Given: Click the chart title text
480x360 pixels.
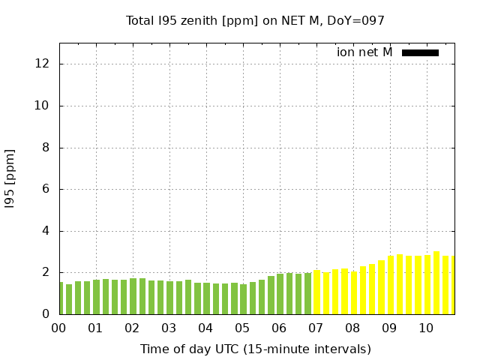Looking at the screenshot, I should (x=255, y=21).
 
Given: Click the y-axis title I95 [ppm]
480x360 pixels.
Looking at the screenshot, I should (x=10, y=178).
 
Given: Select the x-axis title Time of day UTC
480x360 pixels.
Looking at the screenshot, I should (x=255, y=349).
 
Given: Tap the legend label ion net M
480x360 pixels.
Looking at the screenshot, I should (x=364, y=52).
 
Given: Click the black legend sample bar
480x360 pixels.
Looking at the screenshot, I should (x=420, y=52).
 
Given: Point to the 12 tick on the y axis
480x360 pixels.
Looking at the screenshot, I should (x=43, y=64).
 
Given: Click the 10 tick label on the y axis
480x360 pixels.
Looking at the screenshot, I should (x=43, y=106).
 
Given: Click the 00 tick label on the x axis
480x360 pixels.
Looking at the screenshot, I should (x=58, y=328).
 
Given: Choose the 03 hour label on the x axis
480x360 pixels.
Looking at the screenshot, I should (x=169, y=328).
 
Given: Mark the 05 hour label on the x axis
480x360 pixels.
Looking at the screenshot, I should (x=242, y=328).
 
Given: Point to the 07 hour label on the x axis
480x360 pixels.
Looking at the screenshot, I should (x=316, y=328).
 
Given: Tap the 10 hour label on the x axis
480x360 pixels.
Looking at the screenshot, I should (x=426, y=328).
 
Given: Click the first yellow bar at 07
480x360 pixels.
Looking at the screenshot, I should (x=316, y=292).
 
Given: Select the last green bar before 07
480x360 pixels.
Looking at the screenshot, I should (x=307, y=294).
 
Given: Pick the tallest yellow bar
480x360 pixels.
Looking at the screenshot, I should (x=436, y=283).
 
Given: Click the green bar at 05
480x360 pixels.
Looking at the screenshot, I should (x=243, y=299).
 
